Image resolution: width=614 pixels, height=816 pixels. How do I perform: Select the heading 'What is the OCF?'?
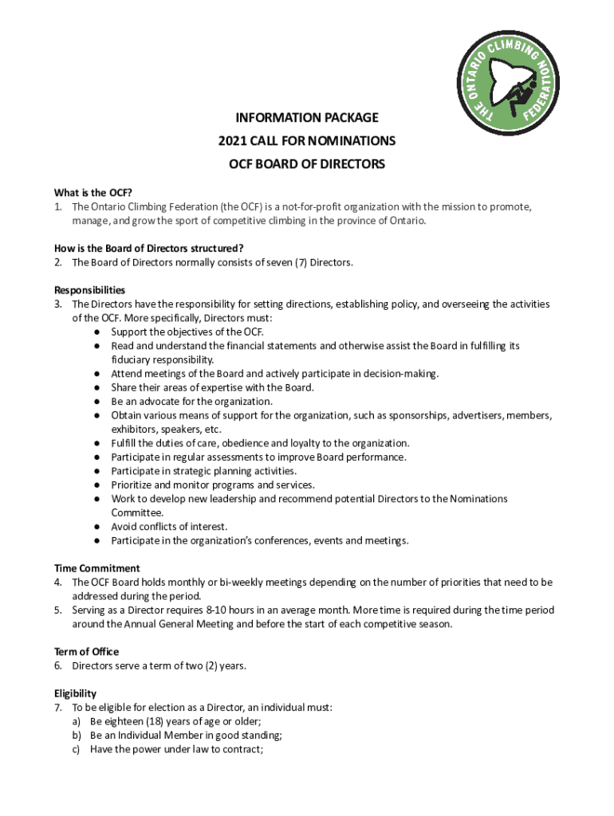pyautogui.click(x=92, y=192)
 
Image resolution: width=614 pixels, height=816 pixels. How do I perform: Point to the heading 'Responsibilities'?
pyautogui.click(x=89, y=290)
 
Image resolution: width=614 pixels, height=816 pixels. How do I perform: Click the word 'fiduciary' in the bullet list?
pyautogui.click(x=134, y=359)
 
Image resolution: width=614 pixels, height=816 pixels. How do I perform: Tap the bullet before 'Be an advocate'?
pyautogui.click(x=95, y=402)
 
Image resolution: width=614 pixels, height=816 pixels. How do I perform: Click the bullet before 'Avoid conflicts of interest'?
pyautogui.click(x=95, y=527)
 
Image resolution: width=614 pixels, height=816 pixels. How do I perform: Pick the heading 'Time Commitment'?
pyautogui.click(x=96, y=568)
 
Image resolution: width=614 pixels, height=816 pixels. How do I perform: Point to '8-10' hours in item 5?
pyautogui.click(x=218, y=610)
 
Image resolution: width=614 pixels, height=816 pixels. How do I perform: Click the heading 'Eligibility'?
pyautogui.click(x=75, y=693)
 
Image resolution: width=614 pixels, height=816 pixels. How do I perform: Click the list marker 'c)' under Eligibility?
pyautogui.click(x=76, y=749)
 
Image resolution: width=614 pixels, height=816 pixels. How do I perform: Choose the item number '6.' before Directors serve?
pyautogui.click(x=59, y=665)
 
